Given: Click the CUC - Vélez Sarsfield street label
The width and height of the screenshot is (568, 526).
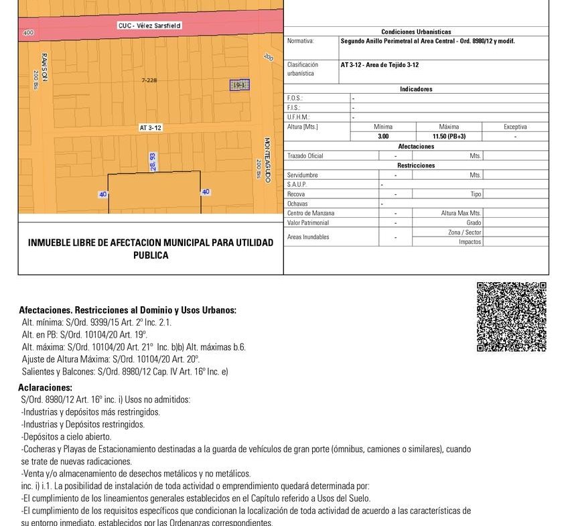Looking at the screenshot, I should tap(149, 26).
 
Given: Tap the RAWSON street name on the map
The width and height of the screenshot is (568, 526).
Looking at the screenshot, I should tap(44, 66).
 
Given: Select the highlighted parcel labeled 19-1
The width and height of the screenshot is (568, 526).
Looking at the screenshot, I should tap(240, 85).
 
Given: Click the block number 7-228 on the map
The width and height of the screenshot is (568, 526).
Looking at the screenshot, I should tap(149, 80).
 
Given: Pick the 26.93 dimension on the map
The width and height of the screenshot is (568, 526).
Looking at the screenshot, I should tap(153, 161).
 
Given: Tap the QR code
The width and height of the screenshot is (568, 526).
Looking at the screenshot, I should tap(512, 317).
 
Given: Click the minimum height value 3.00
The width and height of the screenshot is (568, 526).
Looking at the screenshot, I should tap(383, 136).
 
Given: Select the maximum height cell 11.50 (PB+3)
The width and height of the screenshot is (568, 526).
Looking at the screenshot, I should tap(449, 136).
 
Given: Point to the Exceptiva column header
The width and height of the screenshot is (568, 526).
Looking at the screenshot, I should tap(515, 127).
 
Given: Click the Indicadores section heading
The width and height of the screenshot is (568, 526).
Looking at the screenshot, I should tap(416, 89).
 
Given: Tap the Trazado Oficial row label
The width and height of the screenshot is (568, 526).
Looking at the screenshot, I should tap(305, 156).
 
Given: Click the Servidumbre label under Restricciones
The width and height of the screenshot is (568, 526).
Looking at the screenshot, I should tap(302, 175).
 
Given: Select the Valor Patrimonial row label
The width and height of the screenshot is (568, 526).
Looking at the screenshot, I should tap(307, 222).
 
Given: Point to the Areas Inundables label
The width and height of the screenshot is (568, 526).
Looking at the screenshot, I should tap(308, 237).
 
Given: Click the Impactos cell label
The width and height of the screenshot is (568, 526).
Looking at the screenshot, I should tap(470, 242).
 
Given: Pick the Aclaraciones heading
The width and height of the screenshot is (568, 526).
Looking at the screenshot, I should tap(45, 388).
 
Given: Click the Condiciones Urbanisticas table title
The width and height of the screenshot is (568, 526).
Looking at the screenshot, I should tap(416, 31).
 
